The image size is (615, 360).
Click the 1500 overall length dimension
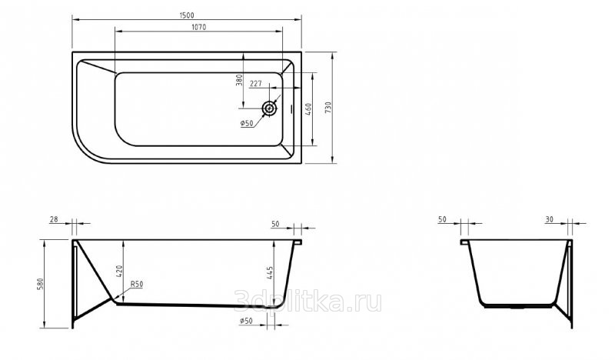(187, 15)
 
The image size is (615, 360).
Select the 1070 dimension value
(199, 27)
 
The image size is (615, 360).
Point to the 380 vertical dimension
(239, 80)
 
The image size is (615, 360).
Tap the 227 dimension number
(256, 84)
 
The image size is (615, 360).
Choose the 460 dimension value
(308, 108)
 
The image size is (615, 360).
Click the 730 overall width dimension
(328, 108)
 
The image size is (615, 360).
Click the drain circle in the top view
(269, 108)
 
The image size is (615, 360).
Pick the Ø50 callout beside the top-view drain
(247, 123)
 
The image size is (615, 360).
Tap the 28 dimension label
(54, 219)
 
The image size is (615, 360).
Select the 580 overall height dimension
(40, 284)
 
